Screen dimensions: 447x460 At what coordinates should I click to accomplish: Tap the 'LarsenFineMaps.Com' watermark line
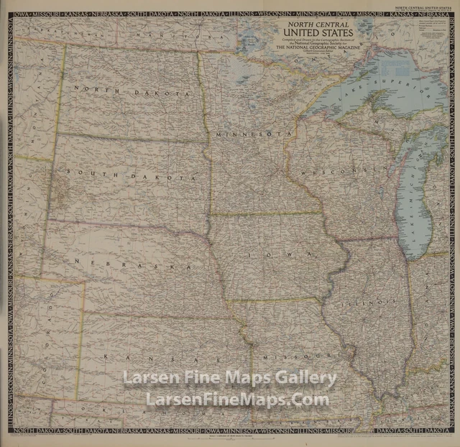pos(237,400)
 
